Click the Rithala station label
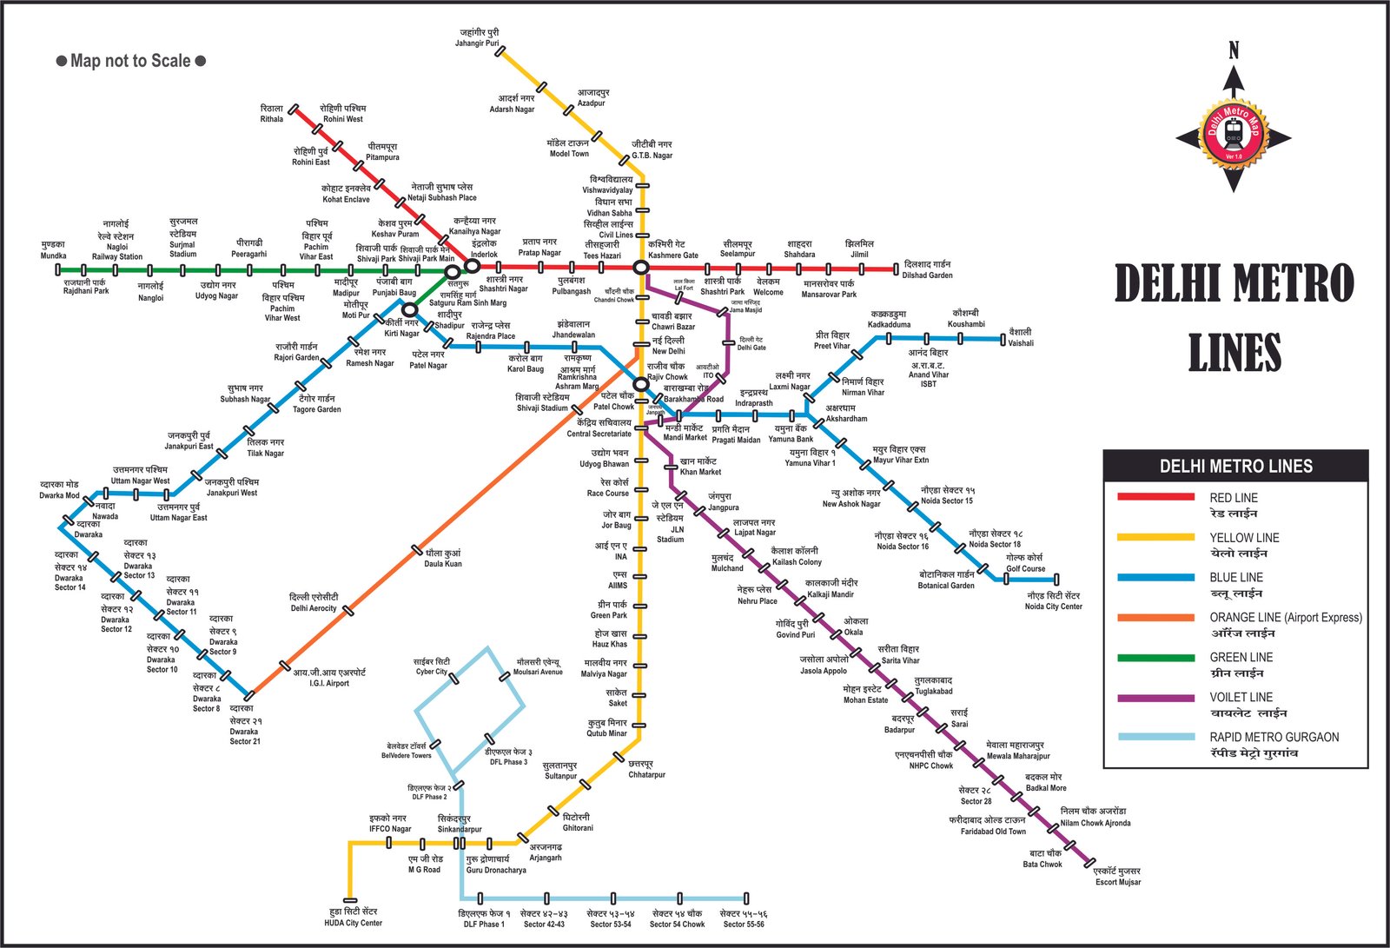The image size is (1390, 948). pyautogui.click(x=272, y=114)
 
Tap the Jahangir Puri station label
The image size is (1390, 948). pyautogui.click(x=478, y=38)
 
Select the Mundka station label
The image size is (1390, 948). pyautogui.click(x=53, y=250)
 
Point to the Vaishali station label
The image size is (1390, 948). pyautogui.click(x=1021, y=337)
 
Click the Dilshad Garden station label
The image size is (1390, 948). pyautogui.click(x=927, y=269)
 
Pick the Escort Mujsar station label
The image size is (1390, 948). pyautogui.click(x=1118, y=877)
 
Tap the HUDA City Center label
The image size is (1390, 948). pyautogui.click(x=353, y=917)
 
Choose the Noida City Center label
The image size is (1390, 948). pyautogui.click(x=1053, y=601)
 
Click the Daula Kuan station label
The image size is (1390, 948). pyautogui.click(x=443, y=558)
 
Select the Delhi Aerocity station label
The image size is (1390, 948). pyautogui.click(x=314, y=602)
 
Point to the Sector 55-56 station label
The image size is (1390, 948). pyautogui.click(x=744, y=918)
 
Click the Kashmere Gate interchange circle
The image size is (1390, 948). pyautogui.click(x=640, y=268)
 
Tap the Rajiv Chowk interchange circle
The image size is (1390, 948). pyautogui.click(x=641, y=384)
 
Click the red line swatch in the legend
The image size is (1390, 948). pyautogui.click(x=1155, y=498)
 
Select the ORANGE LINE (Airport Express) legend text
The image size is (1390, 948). pyautogui.click(x=1286, y=618)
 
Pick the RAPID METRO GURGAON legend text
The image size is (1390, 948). pyautogui.click(x=1274, y=738)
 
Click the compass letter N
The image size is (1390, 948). pyautogui.click(x=1234, y=51)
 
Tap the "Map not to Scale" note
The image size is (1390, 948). pyautogui.click(x=130, y=61)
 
